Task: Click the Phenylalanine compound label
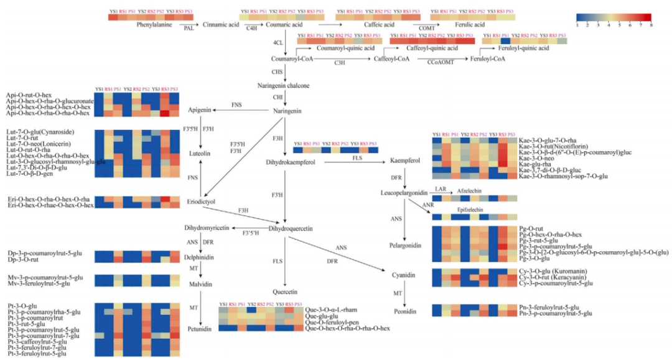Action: point(155,24)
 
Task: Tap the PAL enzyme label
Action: point(187,29)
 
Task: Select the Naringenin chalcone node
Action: point(283,85)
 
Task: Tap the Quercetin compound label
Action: point(286,292)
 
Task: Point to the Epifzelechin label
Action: point(470,210)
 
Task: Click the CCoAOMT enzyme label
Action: point(442,63)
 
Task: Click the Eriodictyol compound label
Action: point(201,202)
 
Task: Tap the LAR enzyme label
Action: point(441,188)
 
